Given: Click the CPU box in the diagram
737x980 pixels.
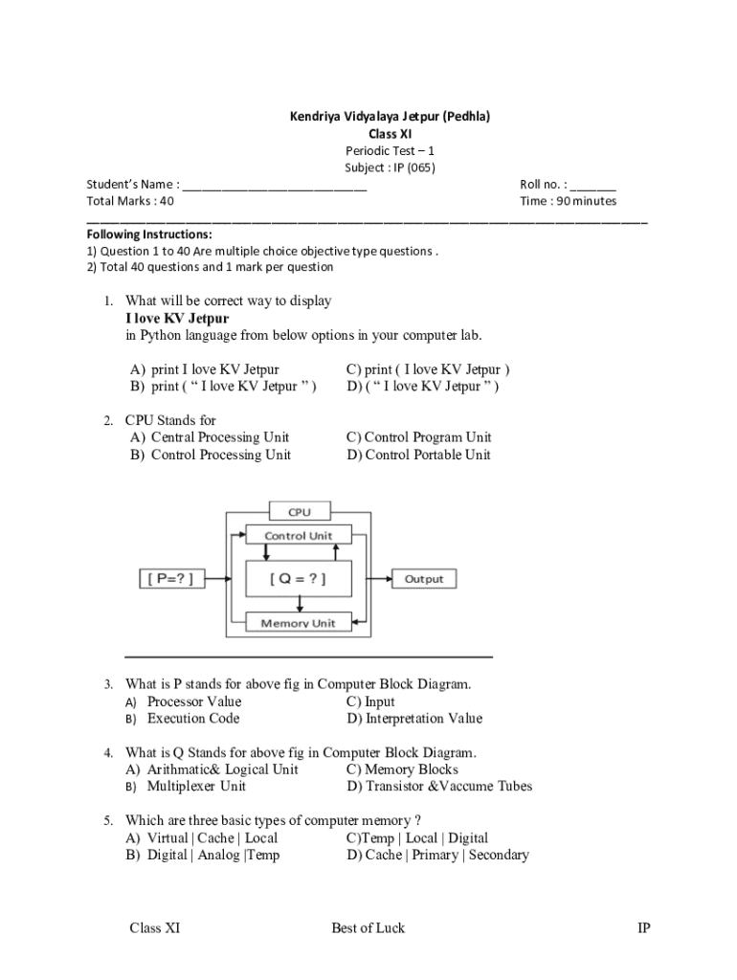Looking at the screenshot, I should click(300, 511).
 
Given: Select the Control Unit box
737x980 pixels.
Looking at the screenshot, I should click(299, 535).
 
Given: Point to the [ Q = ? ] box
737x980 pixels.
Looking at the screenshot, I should click(299, 578).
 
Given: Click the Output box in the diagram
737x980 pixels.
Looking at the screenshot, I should click(424, 578).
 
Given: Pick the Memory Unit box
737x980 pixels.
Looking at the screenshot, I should click(299, 623).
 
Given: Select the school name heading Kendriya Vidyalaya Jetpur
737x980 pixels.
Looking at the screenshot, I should click(390, 117).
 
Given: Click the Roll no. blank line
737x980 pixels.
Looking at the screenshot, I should click(593, 185).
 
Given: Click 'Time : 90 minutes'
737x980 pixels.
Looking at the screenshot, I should click(568, 201).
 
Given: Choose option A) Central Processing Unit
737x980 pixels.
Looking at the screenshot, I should click(211, 437).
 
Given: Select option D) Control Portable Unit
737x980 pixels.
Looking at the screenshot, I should click(419, 455).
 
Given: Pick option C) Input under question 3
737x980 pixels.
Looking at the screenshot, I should click(371, 702).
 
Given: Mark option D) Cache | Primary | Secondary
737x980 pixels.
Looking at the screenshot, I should click(438, 855).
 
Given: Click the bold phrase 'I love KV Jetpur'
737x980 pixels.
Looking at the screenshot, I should click(177, 318).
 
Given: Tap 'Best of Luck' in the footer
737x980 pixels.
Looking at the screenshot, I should click(368, 927).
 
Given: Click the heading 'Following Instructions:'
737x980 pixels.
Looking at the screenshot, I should click(149, 234).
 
